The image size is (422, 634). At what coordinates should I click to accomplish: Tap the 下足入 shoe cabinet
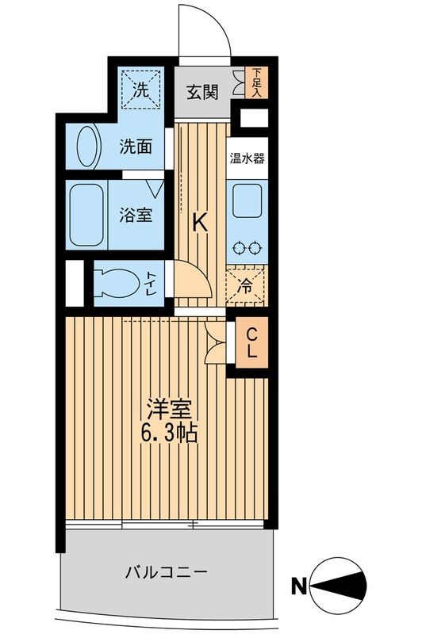pyautogui.click(x=256, y=82)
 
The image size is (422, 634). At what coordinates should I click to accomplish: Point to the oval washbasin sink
pyautogui.click(x=88, y=147)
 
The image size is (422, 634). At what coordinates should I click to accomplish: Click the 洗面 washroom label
pyautogui.click(x=136, y=147)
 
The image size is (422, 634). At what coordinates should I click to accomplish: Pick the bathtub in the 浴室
pyautogui.click(x=87, y=215)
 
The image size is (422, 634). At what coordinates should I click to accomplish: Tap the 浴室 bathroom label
pyautogui.click(x=136, y=215)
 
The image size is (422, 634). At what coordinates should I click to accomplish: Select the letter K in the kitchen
pyautogui.click(x=201, y=224)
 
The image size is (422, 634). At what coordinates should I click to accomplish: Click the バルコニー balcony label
pyautogui.click(x=167, y=571)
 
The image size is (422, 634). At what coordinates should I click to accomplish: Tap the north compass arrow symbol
pyautogui.click(x=343, y=586)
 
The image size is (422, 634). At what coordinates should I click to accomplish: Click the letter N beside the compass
pyautogui.click(x=299, y=586)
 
